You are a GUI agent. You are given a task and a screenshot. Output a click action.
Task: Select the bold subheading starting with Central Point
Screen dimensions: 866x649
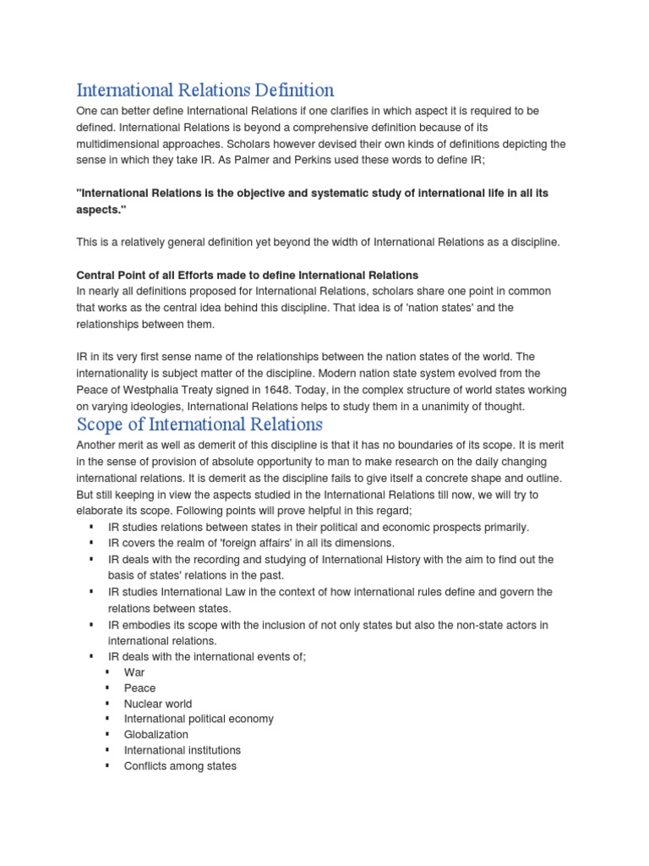[x=248, y=275]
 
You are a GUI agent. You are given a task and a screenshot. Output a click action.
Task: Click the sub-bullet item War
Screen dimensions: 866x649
[x=134, y=672]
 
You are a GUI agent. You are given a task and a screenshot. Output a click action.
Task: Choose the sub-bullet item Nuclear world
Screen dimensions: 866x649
[x=158, y=704]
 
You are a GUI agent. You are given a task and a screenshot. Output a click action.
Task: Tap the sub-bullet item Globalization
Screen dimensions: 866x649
[x=156, y=735]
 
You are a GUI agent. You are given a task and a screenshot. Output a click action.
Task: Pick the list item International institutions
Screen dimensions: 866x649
[x=182, y=750]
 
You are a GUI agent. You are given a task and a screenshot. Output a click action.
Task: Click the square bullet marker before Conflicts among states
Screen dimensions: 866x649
[x=108, y=766]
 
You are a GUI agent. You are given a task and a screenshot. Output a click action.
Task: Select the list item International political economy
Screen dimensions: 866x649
[x=199, y=719]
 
